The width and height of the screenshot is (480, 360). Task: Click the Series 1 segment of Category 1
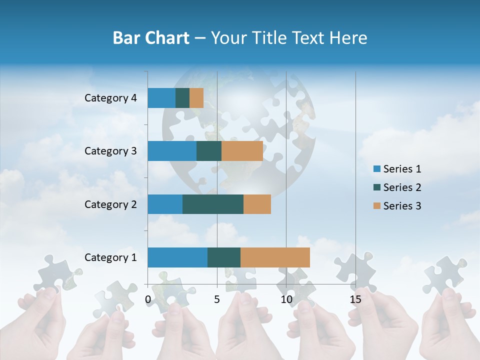click(177, 257)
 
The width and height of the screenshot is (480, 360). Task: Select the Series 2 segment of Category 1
click(224, 257)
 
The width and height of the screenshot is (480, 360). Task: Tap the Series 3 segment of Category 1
click(275, 257)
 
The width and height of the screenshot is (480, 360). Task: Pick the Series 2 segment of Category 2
click(213, 204)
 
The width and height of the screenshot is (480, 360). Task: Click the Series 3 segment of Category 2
click(257, 204)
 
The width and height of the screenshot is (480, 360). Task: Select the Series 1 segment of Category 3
click(172, 151)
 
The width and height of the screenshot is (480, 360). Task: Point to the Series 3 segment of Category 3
click(242, 151)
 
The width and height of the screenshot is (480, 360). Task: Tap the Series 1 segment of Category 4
click(161, 98)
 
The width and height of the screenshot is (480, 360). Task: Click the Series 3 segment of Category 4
click(196, 98)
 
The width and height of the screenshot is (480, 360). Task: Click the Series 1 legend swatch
click(376, 169)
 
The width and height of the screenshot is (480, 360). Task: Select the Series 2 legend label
click(402, 187)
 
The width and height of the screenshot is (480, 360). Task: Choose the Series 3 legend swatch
click(376, 206)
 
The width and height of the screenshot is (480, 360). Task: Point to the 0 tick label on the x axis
click(148, 299)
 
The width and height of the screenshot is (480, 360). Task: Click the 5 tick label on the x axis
click(217, 299)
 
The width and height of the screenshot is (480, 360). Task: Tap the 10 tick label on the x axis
click(286, 299)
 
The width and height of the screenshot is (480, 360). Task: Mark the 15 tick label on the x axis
click(355, 299)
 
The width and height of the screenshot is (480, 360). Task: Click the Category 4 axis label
click(110, 98)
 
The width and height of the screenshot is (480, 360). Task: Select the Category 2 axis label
click(110, 204)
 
